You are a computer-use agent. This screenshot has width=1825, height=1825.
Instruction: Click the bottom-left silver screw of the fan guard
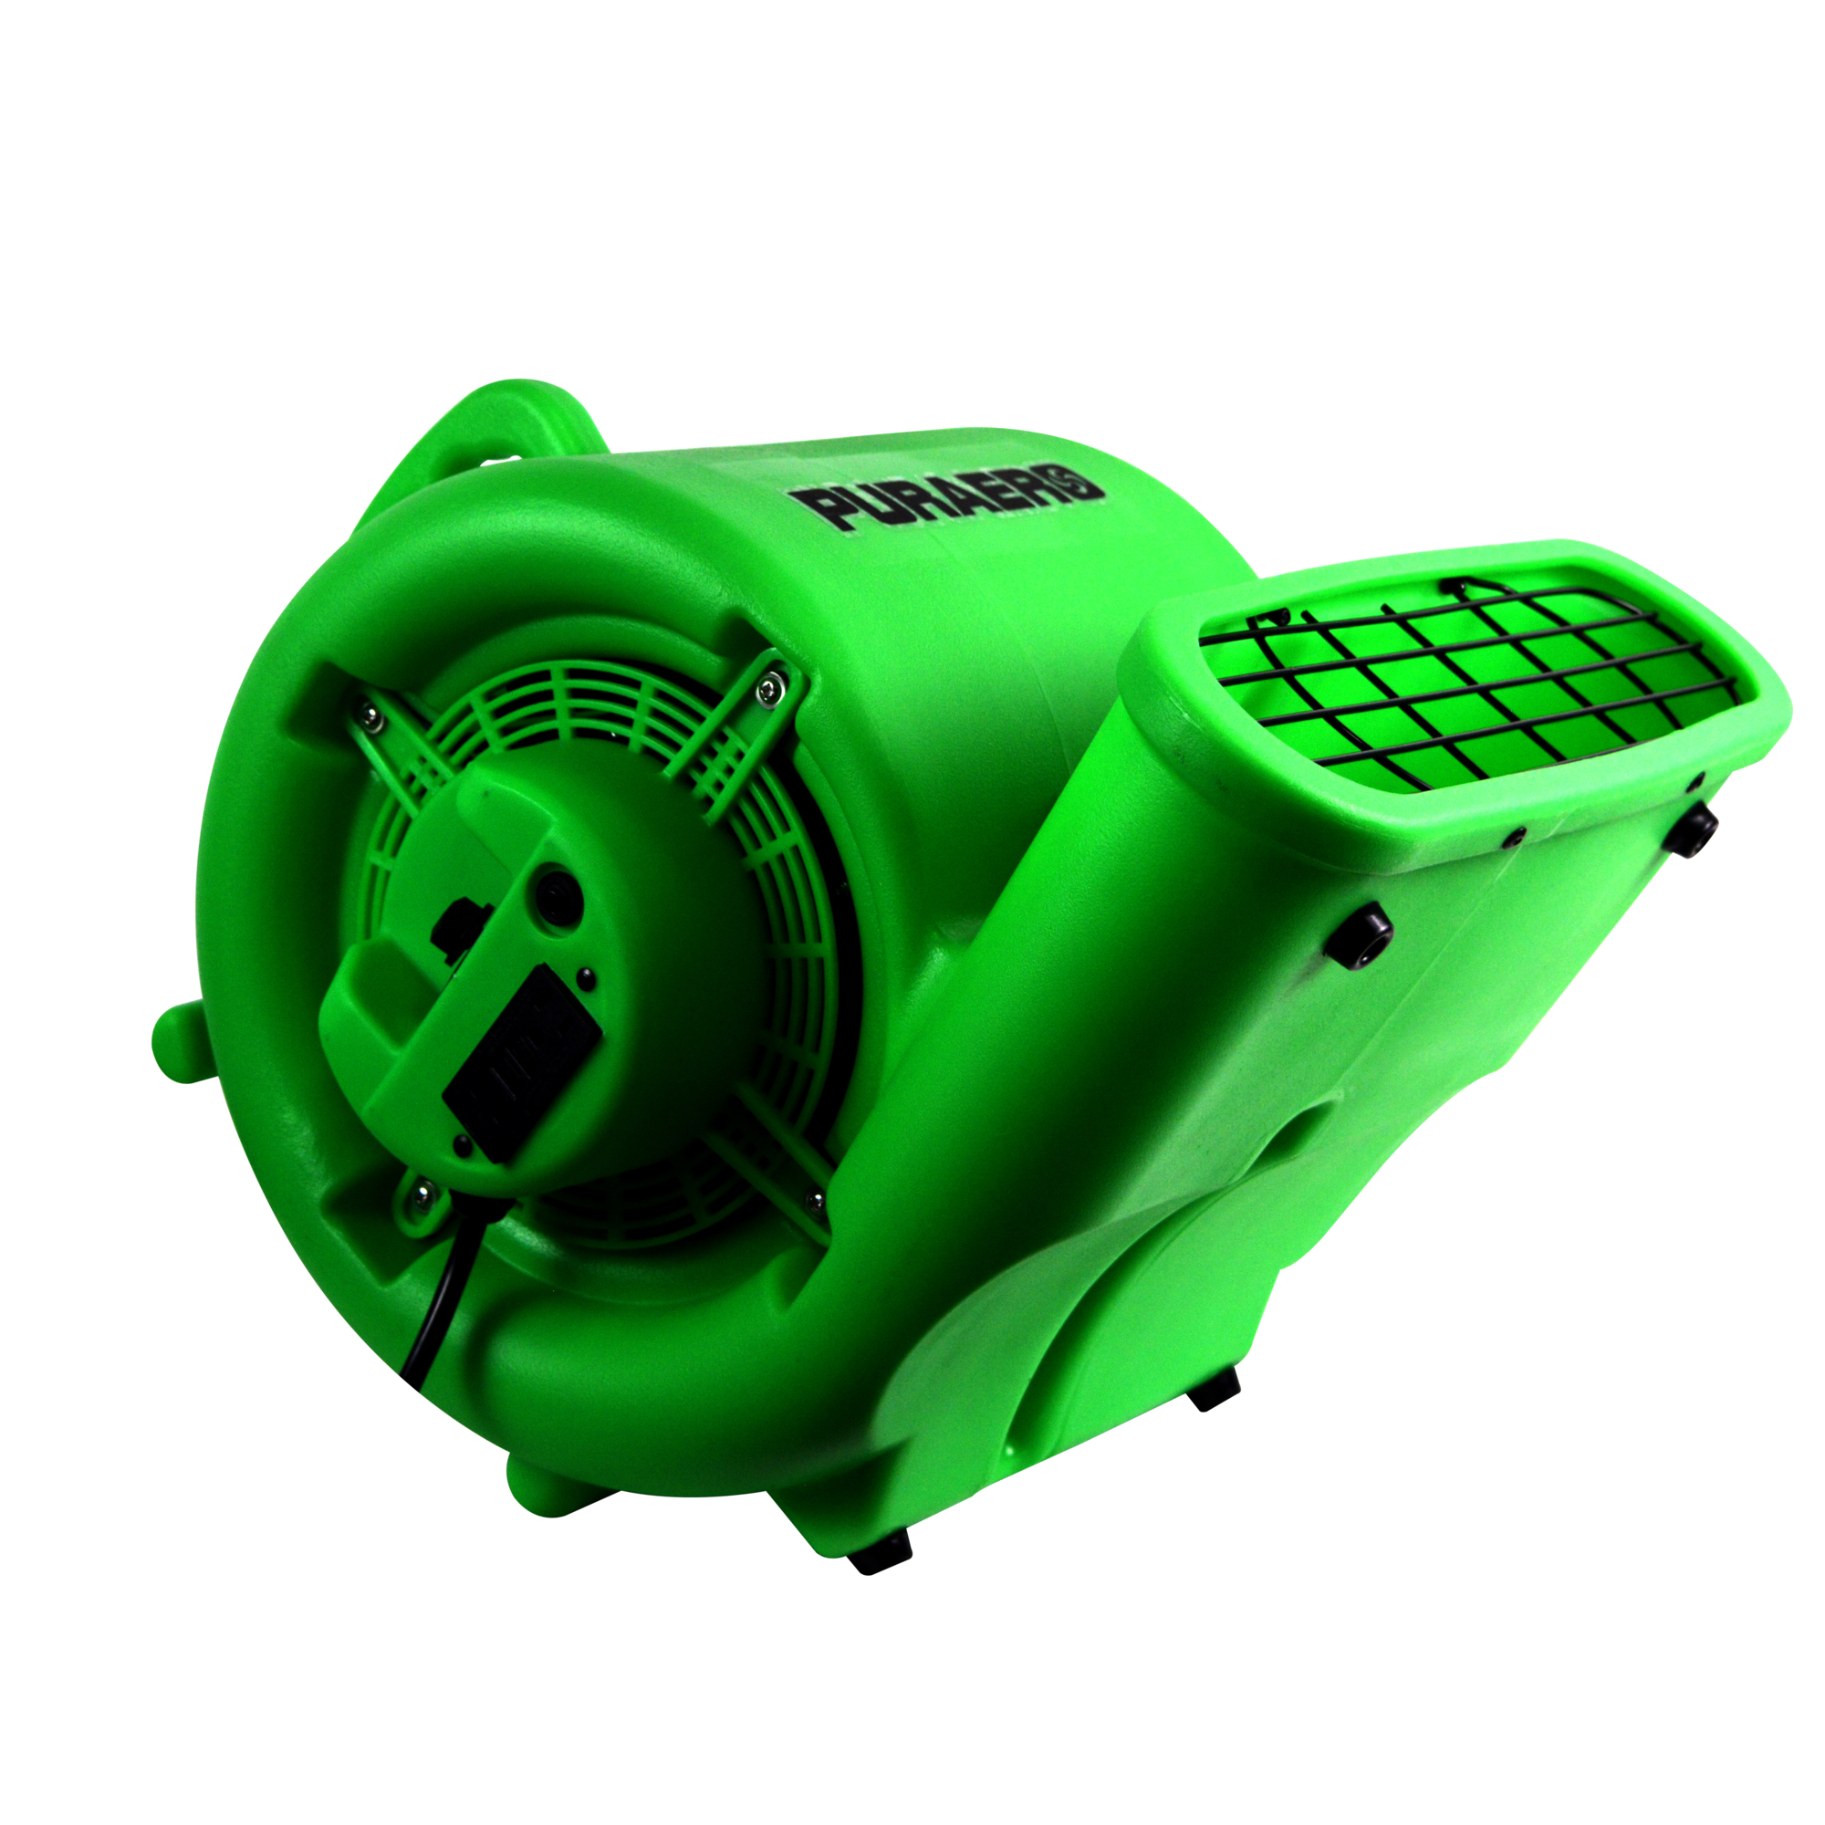tap(421, 1193)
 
